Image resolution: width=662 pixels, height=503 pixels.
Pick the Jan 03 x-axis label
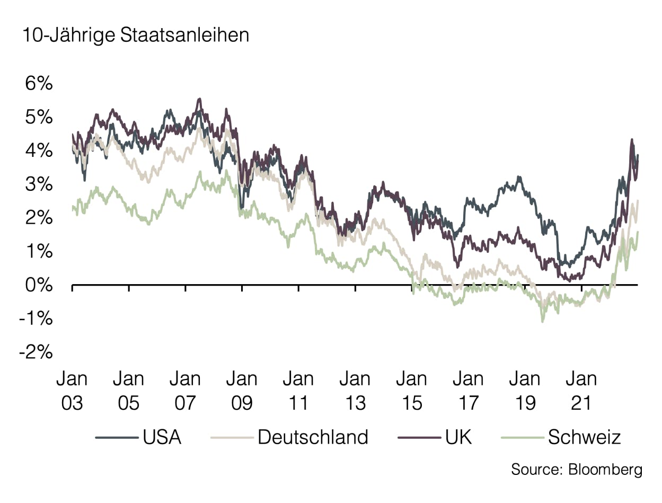coord(72,391)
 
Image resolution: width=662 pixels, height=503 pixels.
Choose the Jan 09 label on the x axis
coord(242,391)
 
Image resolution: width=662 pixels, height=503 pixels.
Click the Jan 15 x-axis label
coord(411,391)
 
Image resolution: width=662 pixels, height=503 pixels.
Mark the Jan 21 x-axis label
coord(581,391)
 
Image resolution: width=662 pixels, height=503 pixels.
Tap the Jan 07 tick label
coord(185,391)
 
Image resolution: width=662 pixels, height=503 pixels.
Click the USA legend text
coord(162,437)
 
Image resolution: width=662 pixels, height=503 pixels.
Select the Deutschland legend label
coord(313,437)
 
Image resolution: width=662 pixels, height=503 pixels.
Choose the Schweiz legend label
coord(585,437)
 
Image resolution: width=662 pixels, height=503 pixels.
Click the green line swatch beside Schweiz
coord(522,438)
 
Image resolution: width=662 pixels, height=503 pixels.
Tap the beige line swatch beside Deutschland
coord(231,438)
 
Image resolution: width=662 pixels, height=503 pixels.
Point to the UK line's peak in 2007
coord(199,99)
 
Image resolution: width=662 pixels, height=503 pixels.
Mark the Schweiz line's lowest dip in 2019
coord(542,321)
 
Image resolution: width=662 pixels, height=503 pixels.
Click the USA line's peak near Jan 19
coord(519,177)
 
